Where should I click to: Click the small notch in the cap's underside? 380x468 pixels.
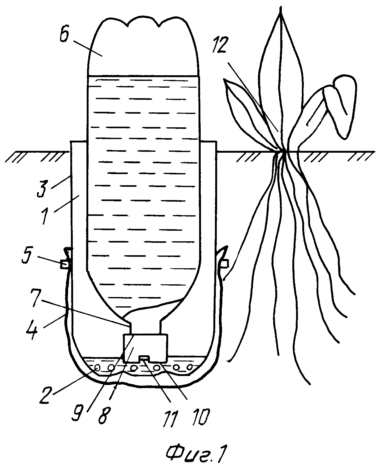(144, 359)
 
